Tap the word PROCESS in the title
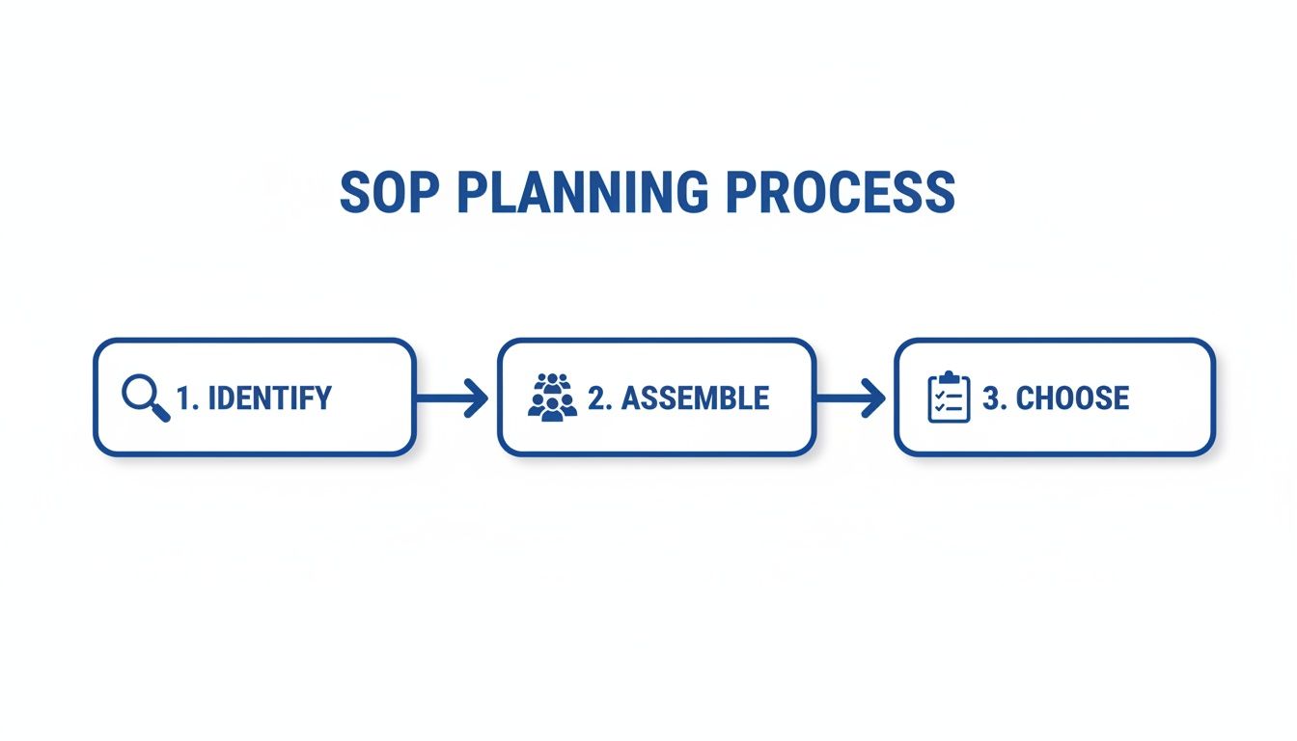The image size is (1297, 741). tap(840, 193)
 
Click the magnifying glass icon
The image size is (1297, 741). tap(145, 398)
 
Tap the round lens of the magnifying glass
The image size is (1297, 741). tap(139, 392)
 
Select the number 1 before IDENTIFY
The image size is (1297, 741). tap(184, 398)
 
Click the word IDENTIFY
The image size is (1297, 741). tap(269, 398)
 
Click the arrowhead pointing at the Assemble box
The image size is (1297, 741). tap(477, 398)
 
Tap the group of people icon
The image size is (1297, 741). tap(552, 397)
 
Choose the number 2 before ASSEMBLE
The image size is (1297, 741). tap(597, 398)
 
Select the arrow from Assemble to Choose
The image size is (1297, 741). tap(849, 398)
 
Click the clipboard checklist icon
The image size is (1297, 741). tap(949, 398)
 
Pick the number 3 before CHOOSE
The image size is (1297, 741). tap(991, 398)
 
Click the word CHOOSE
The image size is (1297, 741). tap(1072, 398)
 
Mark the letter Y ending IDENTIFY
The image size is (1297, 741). tap(322, 398)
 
